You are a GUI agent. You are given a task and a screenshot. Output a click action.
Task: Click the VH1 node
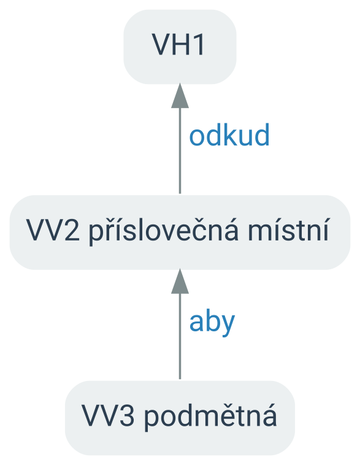point(180,47)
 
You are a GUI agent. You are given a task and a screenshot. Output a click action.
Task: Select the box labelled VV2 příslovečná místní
point(180,233)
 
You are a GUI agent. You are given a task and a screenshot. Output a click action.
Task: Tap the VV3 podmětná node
point(180,418)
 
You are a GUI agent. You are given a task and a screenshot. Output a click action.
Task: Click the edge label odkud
point(229,135)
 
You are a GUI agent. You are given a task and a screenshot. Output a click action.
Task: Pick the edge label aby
point(212,323)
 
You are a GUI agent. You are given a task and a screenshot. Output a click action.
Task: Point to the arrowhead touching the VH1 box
point(180,96)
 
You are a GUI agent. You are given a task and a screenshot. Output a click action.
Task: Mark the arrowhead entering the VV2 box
point(180,282)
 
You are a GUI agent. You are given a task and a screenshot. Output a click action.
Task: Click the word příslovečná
point(163,231)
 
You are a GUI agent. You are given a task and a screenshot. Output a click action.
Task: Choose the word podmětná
point(210,416)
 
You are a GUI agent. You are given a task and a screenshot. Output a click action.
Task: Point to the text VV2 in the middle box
point(53,230)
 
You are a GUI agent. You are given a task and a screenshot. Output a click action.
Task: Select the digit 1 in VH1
point(199,45)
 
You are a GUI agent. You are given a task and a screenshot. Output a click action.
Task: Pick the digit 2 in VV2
point(72,230)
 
